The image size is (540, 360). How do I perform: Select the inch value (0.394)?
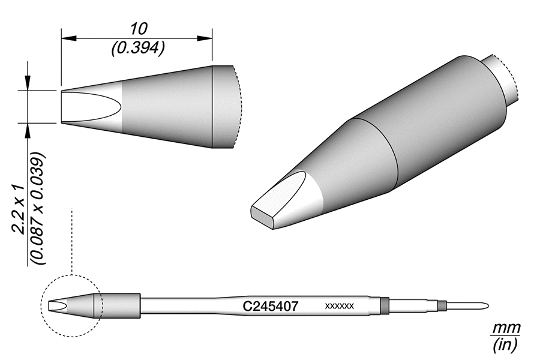(138, 48)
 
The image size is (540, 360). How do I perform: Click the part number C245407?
(270, 306)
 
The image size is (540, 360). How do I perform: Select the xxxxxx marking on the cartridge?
(340, 307)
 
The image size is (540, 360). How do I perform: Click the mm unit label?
(506, 328)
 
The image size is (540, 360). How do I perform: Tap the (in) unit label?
(505, 345)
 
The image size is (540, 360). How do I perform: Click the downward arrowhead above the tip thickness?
(28, 84)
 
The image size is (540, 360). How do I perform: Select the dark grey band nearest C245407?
(385, 305)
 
